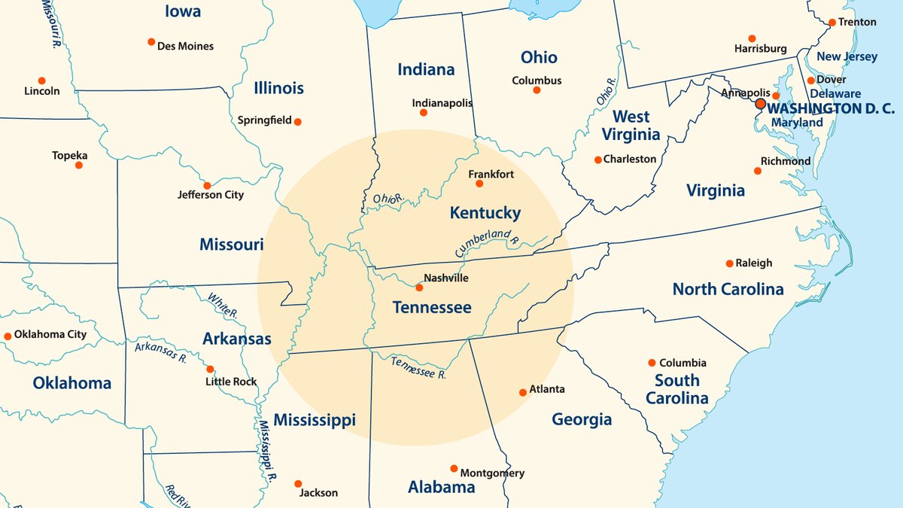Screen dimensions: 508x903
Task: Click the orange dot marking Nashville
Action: point(419,287)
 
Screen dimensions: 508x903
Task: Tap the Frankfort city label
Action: point(491,175)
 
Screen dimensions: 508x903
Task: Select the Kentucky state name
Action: point(485,213)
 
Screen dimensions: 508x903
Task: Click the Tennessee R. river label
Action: point(418,367)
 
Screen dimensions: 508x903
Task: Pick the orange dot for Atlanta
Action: point(523,392)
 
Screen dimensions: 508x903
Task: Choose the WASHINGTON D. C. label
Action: point(830,108)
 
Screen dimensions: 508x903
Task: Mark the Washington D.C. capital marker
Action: point(760,104)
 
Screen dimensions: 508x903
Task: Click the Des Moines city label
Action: point(185,46)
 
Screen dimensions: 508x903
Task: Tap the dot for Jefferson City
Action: point(207,185)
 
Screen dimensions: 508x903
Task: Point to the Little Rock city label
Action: point(231,382)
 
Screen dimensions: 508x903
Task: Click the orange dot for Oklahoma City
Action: point(8,336)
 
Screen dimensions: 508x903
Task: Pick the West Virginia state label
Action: point(631,126)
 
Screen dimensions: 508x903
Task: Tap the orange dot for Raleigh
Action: point(729,263)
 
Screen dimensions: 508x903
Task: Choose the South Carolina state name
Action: point(676,389)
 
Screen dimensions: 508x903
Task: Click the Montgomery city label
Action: point(492,473)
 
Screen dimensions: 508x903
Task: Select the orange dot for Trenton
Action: point(832,23)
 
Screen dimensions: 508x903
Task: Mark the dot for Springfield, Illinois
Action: point(298,121)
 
